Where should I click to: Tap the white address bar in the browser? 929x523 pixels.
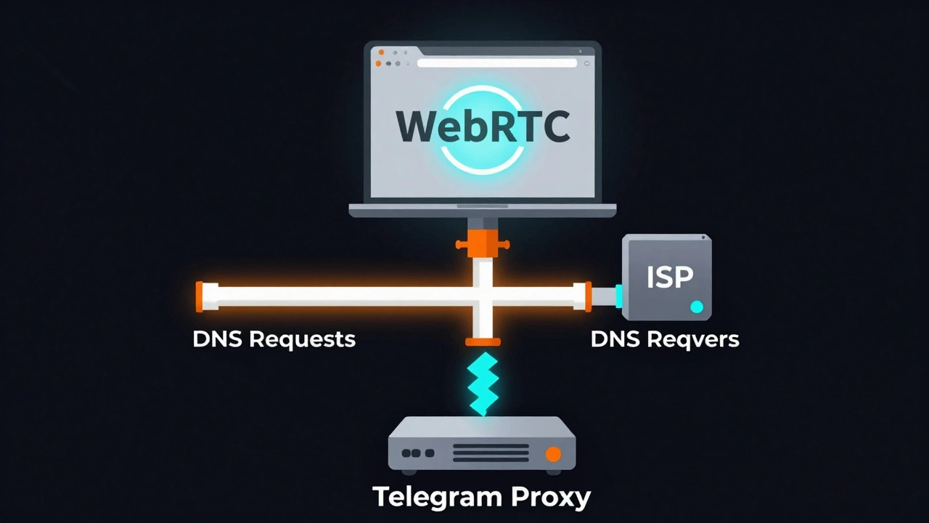coord(496,63)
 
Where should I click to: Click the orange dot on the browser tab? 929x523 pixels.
coord(381,52)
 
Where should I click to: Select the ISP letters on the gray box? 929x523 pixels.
coord(669,276)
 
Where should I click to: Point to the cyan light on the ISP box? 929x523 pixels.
coord(697,307)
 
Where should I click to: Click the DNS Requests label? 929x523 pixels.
coord(274,339)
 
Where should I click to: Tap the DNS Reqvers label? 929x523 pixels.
coord(665,339)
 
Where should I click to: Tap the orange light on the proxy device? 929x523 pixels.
coord(553,454)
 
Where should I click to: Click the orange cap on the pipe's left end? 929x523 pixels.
coord(200,296)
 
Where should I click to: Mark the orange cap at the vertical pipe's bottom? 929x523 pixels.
coord(483,341)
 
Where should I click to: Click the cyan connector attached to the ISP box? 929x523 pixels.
coord(618,296)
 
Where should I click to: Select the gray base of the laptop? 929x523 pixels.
coord(483,211)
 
